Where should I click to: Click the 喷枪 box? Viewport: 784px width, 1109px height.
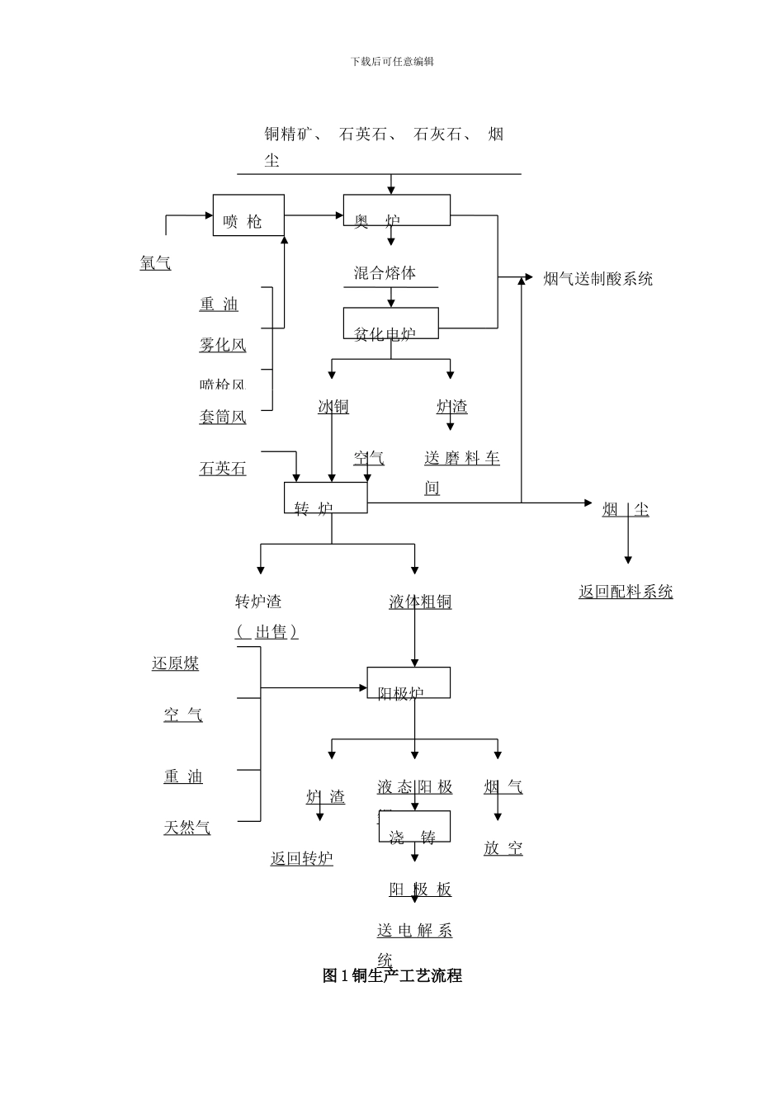click(248, 215)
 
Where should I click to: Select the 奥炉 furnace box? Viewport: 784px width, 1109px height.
click(396, 210)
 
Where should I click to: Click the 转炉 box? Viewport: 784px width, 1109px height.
click(326, 498)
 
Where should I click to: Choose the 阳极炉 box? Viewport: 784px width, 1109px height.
click(409, 683)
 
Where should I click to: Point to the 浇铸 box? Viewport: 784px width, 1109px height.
click(414, 827)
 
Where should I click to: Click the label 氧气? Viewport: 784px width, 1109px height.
click(155, 263)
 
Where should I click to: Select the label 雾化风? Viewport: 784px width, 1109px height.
click(222, 345)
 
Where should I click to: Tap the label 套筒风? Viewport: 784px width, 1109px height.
click(222, 417)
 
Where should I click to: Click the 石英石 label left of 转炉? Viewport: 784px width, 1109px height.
click(222, 469)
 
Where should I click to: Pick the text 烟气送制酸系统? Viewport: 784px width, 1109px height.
click(597, 279)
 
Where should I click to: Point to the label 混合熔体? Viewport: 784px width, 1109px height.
click(385, 273)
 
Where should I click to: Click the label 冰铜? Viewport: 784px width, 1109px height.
click(333, 406)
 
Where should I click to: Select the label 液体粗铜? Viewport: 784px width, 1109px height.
click(420, 602)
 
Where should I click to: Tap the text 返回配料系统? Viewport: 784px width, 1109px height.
click(626, 592)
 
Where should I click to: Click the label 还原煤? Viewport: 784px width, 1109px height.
click(175, 663)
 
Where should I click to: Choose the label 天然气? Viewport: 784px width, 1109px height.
click(187, 827)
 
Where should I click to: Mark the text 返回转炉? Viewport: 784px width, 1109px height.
click(301, 858)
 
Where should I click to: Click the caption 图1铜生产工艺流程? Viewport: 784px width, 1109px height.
click(392, 975)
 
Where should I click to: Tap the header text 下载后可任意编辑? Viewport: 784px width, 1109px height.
click(392, 62)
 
